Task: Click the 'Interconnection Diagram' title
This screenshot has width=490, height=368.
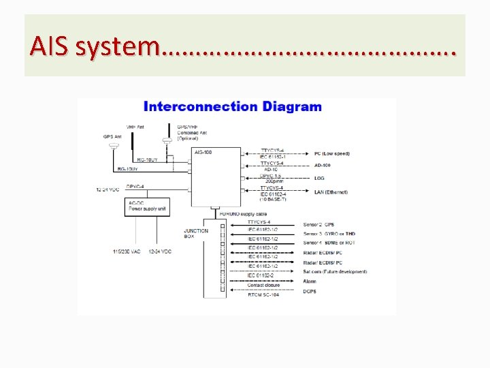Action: tap(232, 107)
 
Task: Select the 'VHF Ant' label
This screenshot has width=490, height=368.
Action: tap(135, 127)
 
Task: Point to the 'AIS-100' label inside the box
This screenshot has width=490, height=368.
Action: tap(203, 152)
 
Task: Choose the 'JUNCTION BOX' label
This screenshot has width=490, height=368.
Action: tap(196, 234)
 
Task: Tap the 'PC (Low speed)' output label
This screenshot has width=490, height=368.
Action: tap(332, 153)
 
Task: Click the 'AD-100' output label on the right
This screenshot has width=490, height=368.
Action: tap(323, 166)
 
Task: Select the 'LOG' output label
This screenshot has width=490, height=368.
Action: tap(319, 178)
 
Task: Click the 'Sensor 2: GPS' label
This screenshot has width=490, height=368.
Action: tap(319, 225)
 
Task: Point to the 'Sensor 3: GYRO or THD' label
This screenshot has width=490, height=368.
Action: tap(329, 234)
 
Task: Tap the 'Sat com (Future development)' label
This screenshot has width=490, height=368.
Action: tap(336, 272)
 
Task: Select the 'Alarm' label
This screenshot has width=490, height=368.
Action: tap(311, 281)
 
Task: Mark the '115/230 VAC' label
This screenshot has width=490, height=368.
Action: tap(127, 252)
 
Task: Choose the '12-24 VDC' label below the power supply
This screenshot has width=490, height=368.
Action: tap(160, 252)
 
